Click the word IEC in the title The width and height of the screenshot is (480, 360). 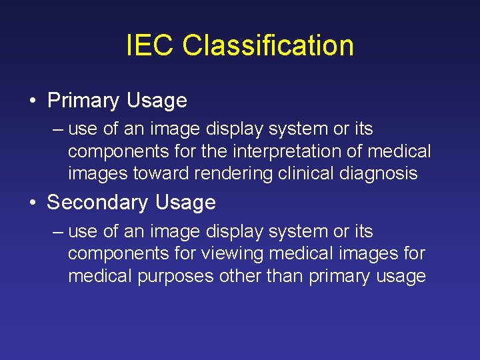click(150, 46)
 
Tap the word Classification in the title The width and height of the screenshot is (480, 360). click(267, 46)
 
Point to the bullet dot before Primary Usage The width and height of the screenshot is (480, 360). click(32, 101)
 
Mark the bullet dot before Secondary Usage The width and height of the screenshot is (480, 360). click(32, 203)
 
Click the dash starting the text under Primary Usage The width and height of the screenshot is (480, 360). click(58, 129)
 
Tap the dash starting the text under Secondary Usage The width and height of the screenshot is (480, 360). click(58, 232)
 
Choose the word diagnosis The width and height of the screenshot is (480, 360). click(379, 174)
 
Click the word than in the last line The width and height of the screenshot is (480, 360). click(286, 276)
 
